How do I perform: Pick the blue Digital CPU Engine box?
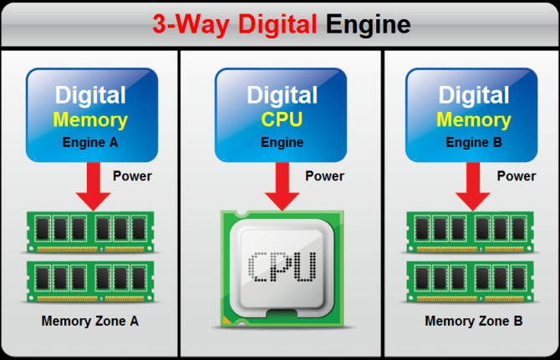tap(281, 114)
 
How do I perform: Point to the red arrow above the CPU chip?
tap(281, 188)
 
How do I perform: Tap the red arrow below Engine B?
tap(473, 188)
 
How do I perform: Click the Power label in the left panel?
tap(132, 176)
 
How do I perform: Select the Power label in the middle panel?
tap(324, 176)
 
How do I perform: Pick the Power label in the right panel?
tap(516, 176)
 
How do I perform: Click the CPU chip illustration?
tap(282, 266)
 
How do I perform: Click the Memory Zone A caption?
tap(90, 321)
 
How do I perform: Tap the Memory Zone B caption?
tap(473, 321)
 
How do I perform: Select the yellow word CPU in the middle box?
tap(281, 119)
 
